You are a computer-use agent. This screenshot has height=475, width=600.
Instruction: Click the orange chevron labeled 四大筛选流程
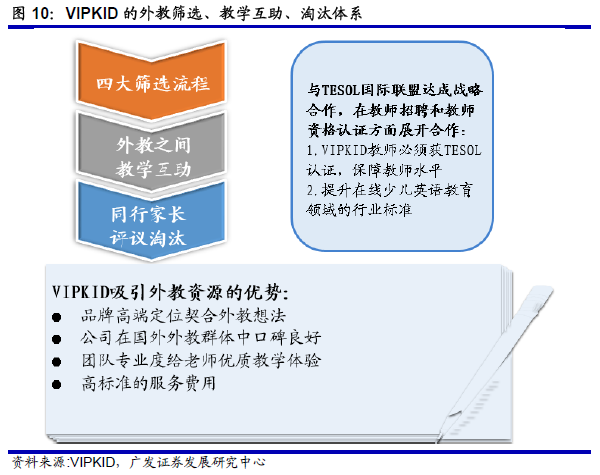(x=151, y=82)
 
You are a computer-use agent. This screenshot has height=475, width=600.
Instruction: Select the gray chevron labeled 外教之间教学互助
(x=151, y=156)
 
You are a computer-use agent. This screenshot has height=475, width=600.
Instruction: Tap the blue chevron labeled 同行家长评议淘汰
(x=151, y=226)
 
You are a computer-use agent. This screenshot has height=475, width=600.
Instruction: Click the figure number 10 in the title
(x=40, y=14)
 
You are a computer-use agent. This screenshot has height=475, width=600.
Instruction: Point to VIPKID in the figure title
(x=92, y=14)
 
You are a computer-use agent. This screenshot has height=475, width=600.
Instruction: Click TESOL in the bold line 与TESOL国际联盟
(x=341, y=90)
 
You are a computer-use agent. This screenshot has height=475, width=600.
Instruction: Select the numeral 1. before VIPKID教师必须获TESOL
(x=312, y=150)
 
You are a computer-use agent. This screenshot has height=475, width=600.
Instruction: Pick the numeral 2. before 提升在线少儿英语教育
(x=312, y=190)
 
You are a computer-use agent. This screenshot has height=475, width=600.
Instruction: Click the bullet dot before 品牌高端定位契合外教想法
(x=57, y=317)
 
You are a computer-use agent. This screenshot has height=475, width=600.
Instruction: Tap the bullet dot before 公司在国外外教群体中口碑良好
(x=57, y=339)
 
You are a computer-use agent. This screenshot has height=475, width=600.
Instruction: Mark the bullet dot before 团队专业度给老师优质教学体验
(x=57, y=362)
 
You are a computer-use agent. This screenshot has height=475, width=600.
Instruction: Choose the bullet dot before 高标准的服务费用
(x=57, y=384)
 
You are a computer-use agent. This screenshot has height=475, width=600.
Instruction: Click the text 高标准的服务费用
(x=149, y=383)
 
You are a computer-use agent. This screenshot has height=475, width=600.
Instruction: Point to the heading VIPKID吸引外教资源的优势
(x=170, y=293)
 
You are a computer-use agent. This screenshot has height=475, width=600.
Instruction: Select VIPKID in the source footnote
(x=93, y=462)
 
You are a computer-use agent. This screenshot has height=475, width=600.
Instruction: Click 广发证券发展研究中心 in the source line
(x=197, y=462)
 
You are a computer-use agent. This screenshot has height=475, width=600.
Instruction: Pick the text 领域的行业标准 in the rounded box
(x=359, y=210)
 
